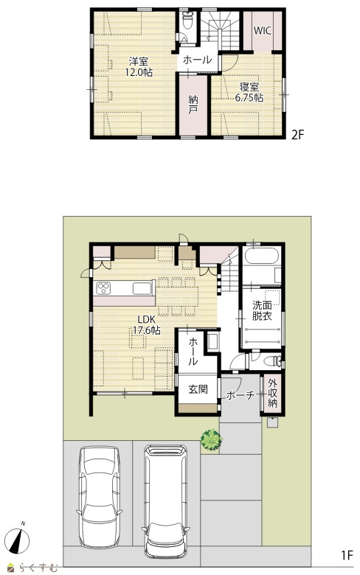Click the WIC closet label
click(263, 31)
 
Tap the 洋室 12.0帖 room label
click(139, 66)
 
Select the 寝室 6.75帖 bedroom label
click(249, 92)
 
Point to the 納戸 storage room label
click(193, 104)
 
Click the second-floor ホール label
click(197, 60)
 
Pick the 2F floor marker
click(298, 136)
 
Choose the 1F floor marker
click(347, 556)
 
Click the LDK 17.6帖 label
click(147, 324)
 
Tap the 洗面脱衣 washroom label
click(262, 310)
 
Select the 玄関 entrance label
click(198, 389)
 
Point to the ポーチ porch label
click(240, 395)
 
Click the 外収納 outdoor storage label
click(272, 393)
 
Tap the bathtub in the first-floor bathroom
click(262, 256)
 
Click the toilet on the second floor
click(189, 20)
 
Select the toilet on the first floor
click(272, 361)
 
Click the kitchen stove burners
click(104, 287)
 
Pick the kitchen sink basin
click(142, 288)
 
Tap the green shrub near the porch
click(211, 439)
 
